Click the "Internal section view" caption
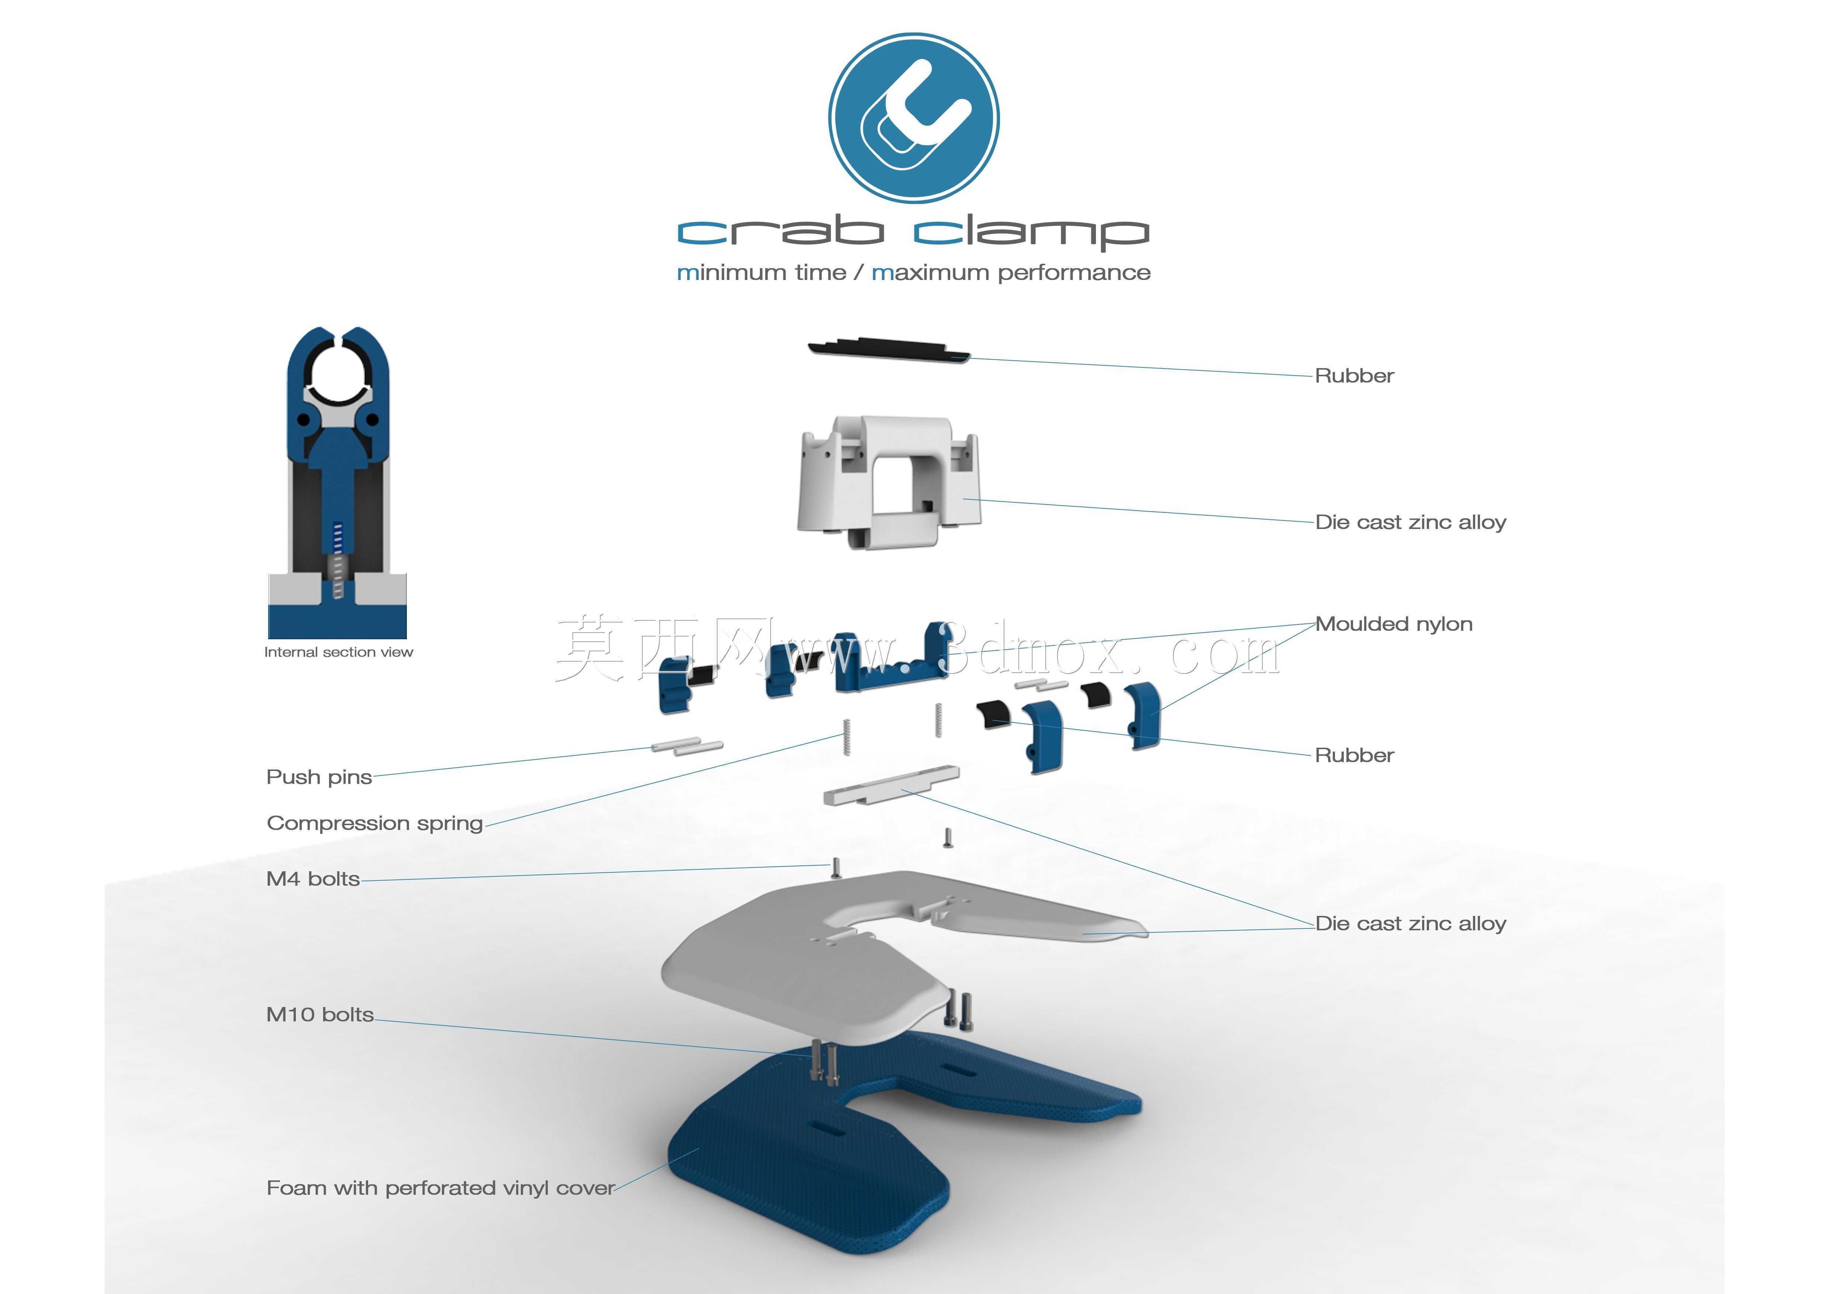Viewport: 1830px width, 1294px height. coord(339,652)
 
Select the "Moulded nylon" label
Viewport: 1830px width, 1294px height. coord(1393,624)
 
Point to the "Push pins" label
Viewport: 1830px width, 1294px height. coord(319,777)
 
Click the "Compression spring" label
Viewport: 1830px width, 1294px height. coord(375,823)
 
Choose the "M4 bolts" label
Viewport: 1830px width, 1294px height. coord(312,879)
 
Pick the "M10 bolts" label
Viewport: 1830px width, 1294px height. coord(319,1014)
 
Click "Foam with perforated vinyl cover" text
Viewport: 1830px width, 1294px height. coord(440,1188)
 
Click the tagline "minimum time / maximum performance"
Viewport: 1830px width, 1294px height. coord(913,273)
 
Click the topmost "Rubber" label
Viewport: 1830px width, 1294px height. coord(1354,375)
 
